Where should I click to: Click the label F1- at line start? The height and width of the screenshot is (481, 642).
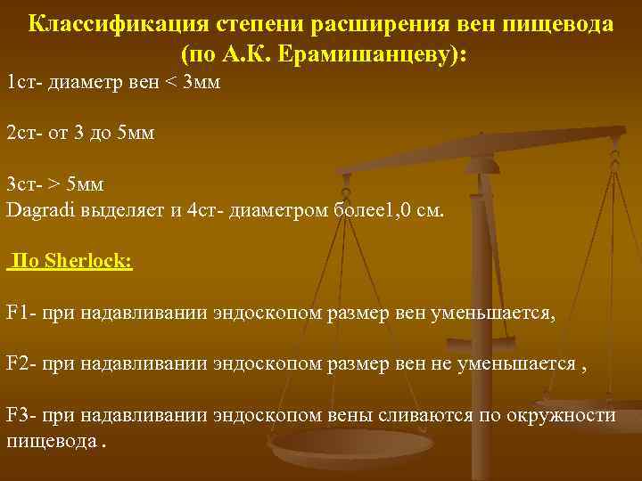(x=21, y=314)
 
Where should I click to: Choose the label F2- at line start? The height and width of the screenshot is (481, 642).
(x=21, y=364)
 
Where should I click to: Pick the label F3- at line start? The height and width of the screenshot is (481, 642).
(x=21, y=416)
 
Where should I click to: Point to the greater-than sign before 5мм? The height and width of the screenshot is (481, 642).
(x=55, y=184)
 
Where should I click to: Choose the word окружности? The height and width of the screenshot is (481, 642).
(x=561, y=416)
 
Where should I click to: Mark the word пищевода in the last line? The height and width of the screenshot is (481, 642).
(x=51, y=442)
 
